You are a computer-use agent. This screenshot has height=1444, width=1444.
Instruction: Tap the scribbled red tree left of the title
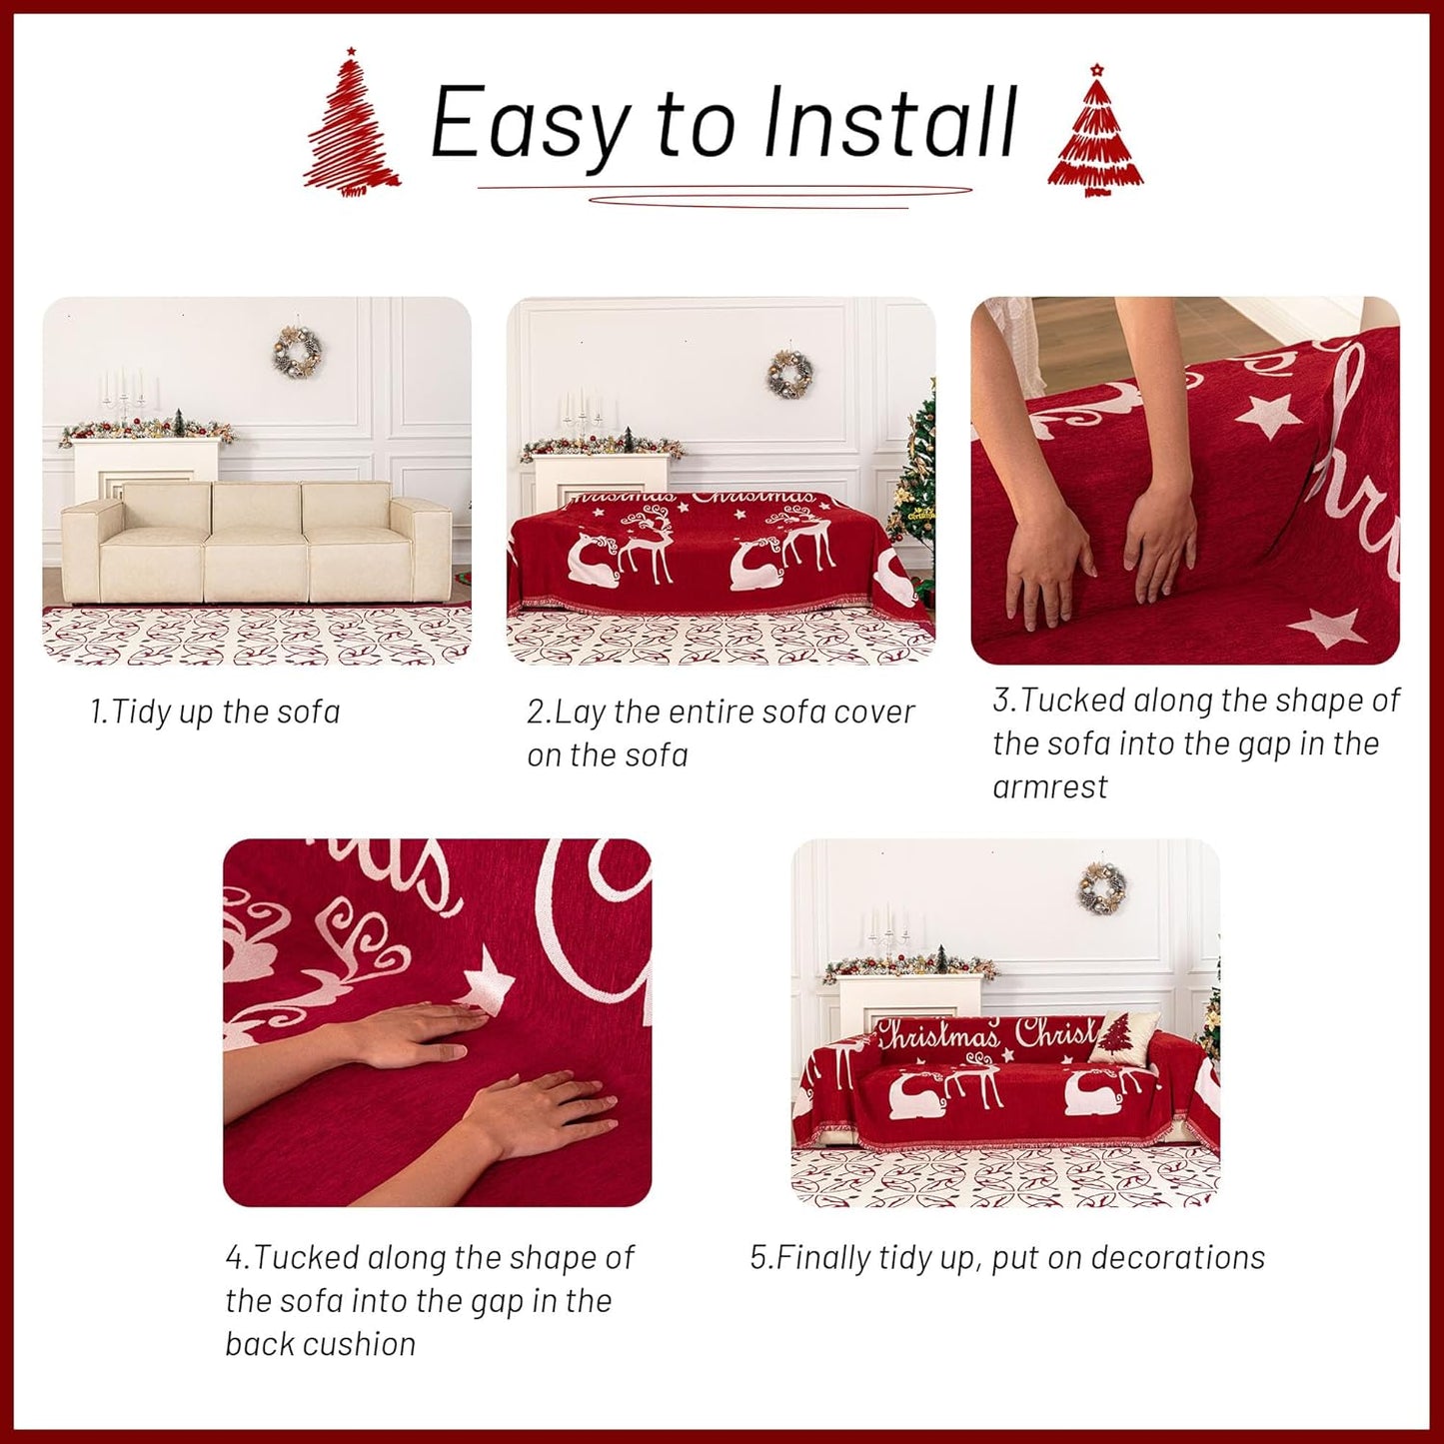pos(351,125)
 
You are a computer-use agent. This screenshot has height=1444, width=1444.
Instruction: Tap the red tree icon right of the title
pos(1095,135)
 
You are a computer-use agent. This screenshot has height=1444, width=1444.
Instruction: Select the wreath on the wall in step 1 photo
pos(297,352)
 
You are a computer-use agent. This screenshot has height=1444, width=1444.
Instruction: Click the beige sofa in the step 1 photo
pos(255,540)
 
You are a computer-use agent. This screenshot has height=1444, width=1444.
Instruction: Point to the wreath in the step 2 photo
pos(789,375)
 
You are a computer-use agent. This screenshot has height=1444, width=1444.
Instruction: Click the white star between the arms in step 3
pos(1269,415)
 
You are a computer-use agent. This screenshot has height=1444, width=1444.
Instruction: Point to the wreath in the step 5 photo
pos(1102,887)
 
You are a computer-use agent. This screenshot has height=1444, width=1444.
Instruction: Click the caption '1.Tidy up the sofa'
pos(215,713)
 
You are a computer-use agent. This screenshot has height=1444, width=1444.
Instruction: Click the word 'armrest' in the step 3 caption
pos(1049,787)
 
